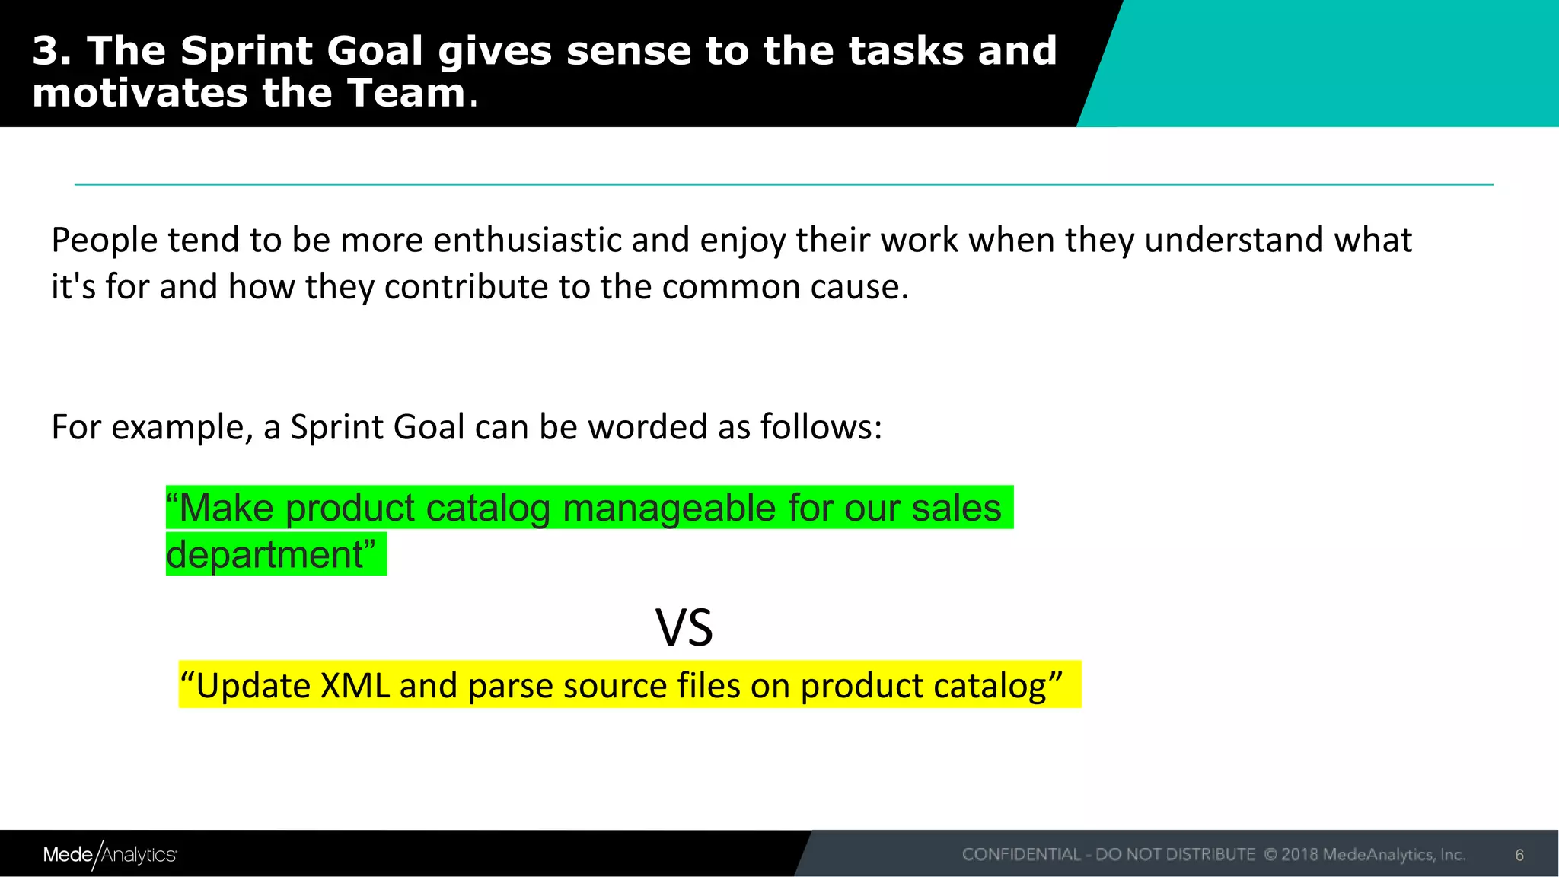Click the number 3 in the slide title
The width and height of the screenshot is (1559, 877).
47,52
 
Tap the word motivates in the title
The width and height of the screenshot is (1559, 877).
139,94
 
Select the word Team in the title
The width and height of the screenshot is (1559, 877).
406,94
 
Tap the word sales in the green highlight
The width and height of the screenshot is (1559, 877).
956,508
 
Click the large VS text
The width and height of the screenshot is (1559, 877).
684,629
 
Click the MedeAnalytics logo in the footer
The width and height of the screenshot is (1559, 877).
110,855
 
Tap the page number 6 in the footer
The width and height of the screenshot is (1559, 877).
1519,855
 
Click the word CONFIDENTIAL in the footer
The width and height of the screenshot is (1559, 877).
1021,855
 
